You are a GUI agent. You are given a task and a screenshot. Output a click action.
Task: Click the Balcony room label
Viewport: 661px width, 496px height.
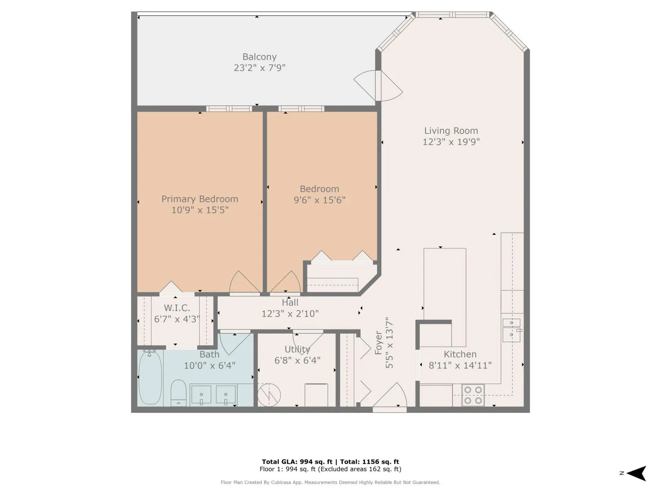tap(259, 57)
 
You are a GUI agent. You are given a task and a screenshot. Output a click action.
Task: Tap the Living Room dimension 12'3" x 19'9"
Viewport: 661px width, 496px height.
tap(451, 141)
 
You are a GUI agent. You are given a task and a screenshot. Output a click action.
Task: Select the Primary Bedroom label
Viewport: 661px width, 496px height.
tap(200, 199)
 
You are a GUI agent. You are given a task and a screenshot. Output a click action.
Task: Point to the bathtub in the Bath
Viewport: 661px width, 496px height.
tap(150, 377)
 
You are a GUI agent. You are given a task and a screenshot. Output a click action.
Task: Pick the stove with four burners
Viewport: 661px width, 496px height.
tap(473, 395)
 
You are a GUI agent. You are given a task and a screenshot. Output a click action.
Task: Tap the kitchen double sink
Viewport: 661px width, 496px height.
tap(511, 330)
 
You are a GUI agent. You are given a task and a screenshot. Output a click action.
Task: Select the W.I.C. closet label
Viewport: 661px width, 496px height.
tap(177, 308)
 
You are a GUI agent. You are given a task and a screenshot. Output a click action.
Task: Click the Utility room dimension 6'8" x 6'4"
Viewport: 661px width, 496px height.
tap(297, 360)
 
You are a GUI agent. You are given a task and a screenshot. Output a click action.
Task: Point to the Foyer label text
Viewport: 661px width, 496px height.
tap(378, 343)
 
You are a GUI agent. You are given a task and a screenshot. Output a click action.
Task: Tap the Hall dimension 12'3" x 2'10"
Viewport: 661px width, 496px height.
tap(290, 314)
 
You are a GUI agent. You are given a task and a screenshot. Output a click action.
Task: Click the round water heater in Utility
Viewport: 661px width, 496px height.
tap(269, 394)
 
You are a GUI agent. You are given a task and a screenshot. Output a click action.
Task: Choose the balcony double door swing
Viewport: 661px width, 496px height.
tap(378, 86)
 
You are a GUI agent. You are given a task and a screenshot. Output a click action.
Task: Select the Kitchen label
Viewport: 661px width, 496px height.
tap(460, 354)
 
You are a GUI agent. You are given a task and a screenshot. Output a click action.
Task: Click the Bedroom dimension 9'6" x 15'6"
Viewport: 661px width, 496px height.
tap(319, 200)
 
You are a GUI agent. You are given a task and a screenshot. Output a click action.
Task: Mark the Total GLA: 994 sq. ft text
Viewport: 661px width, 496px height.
tap(297, 462)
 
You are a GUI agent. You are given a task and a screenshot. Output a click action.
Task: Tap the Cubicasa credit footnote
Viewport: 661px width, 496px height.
tap(330, 482)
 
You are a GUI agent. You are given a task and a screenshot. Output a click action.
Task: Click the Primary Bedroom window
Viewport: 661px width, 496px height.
tap(229, 109)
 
